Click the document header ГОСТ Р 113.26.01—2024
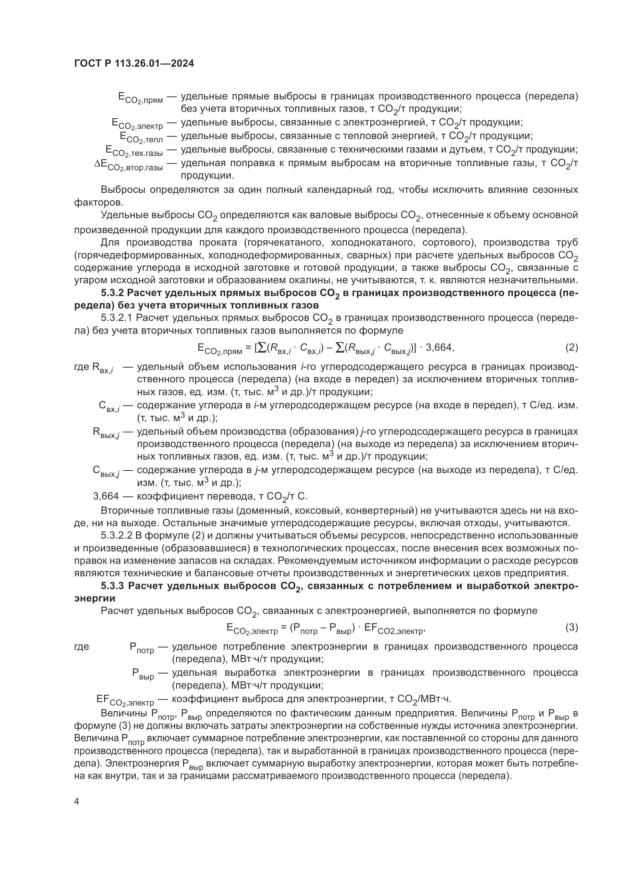pos(134,63)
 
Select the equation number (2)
pos(571,348)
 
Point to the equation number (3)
pos(571,628)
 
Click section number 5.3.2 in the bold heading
pos(112,293)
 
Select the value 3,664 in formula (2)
pos(440,348)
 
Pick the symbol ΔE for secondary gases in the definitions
pos(101,164)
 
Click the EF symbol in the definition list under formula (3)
pos(103,699)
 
